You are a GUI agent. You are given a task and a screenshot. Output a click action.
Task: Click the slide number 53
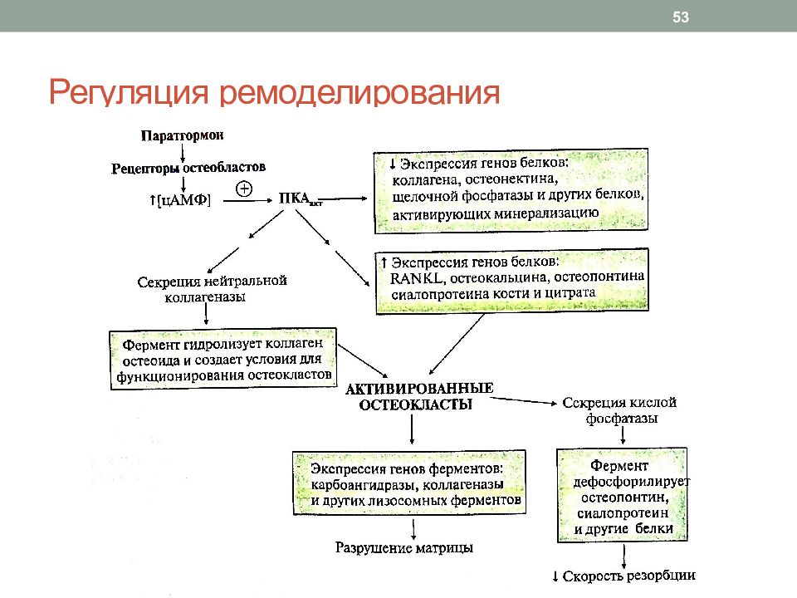(x=681, y=17)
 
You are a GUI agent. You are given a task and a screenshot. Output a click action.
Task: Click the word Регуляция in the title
(x=129, y=92)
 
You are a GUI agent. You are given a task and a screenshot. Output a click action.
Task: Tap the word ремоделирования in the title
(x=359, y=92)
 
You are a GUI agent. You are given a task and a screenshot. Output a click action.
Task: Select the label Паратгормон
(x=182, y=135)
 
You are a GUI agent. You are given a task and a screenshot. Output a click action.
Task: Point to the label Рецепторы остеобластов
(x=188, y=167)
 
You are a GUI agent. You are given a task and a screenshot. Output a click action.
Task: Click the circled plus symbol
(x=244, y=189)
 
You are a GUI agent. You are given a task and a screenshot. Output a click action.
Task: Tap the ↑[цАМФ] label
(x=180, y=200)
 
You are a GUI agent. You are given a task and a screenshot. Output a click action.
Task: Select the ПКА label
(x=300, y=199)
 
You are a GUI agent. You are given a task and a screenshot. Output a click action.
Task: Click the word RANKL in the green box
(x=416, y=278)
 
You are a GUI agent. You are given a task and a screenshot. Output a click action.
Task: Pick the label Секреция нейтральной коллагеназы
(x=212, y=289)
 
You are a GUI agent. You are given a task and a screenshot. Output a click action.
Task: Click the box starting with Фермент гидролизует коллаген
(x=223, y=359)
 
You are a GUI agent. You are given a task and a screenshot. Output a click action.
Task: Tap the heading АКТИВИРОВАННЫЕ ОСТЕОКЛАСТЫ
(x=418, y=397)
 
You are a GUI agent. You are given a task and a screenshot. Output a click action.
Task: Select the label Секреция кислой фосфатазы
(x=619, y=410)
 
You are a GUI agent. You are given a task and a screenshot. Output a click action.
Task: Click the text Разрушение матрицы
(x=404, y=547)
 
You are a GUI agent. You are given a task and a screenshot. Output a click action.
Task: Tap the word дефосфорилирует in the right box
(x=631, y=482)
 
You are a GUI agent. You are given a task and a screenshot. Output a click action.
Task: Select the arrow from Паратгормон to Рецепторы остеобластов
(x=183, y=153)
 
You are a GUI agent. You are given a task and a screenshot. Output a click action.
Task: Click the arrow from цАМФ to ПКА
(x=248, y=201)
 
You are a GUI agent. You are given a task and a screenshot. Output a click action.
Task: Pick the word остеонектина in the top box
(x=511, y=179)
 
